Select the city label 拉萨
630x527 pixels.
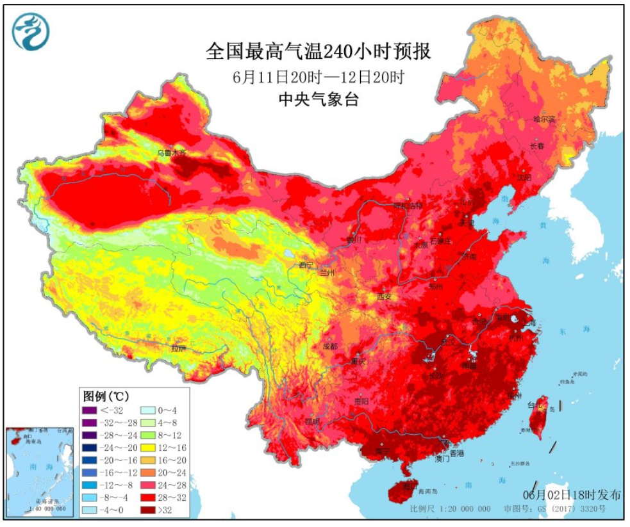click(178, 348)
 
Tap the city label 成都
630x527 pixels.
click(330, 346)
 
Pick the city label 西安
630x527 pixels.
click(383, 296)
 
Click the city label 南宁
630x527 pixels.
click(383, 452)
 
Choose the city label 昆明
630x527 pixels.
click(312, 421)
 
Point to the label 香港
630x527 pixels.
click(456, 453)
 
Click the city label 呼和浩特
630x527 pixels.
click(408, 206)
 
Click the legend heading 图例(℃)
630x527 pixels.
click(106, 394)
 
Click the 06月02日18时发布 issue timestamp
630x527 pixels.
click(572, 495)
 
